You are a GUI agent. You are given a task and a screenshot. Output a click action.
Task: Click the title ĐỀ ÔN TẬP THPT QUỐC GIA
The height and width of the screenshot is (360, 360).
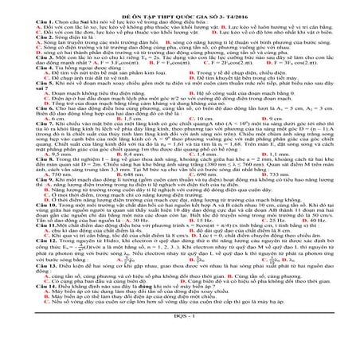pos(179,6)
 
